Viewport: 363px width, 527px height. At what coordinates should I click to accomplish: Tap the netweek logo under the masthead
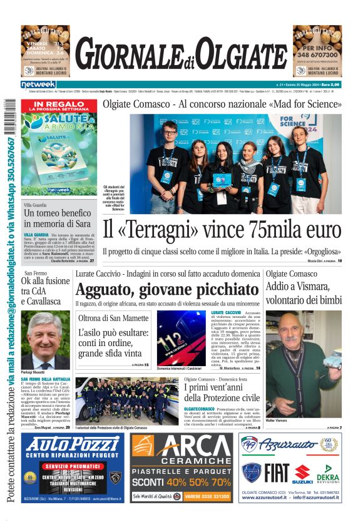[38, 84]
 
